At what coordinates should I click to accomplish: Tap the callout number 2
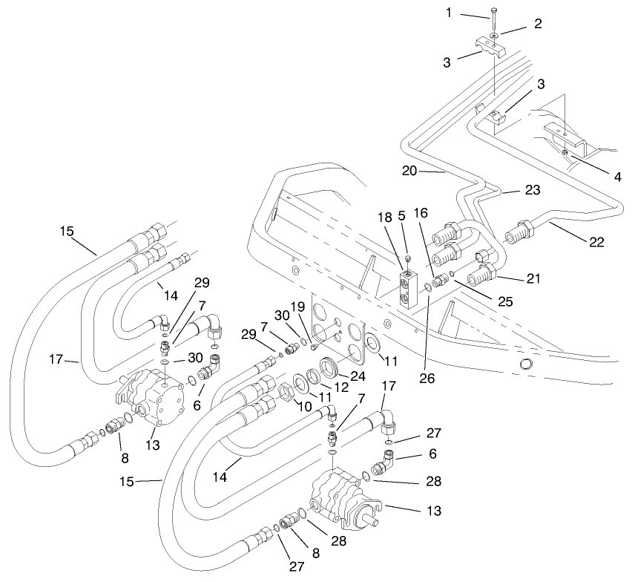click(537, 24)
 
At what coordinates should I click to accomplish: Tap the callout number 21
click(535, 279)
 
